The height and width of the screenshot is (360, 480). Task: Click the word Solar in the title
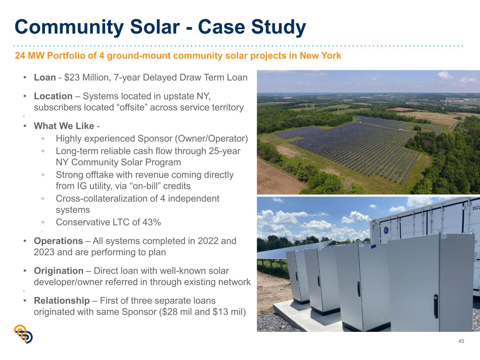(155, 27)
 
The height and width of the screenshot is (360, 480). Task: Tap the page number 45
(461, 341)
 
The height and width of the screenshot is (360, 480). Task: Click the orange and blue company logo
(23, 334)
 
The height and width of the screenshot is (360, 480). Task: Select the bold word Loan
(45, 77)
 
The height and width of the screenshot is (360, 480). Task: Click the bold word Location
(53, 96)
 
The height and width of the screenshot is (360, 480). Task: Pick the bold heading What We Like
(64, 126)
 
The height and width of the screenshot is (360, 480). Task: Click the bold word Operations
(58, 241)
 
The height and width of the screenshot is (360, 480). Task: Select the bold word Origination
(59, 271)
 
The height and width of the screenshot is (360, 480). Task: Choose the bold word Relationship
(62, 301)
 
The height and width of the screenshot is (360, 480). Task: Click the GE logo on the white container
(386, 230)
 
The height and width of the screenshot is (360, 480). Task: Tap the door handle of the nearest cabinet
(436, 306)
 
